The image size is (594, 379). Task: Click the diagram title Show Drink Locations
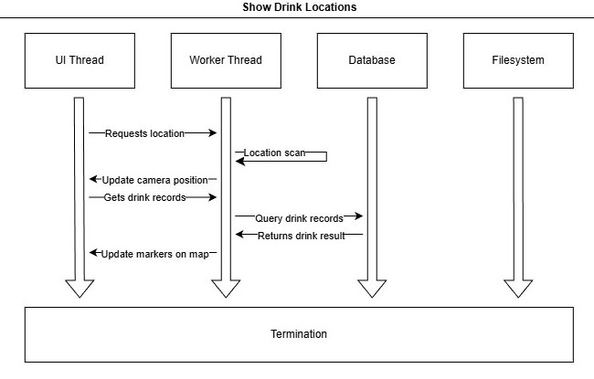(299, 7)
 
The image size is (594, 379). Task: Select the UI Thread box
(80, 60)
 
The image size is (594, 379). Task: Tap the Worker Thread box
(226, 60)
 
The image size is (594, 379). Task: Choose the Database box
(372, 60)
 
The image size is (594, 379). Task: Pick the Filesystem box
(518, 60)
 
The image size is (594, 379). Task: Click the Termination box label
(299, 334)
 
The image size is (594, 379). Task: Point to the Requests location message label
(144, 133)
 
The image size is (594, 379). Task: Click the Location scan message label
(274, 153)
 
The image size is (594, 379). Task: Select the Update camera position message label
(154, 180)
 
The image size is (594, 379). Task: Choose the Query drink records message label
(299, 218)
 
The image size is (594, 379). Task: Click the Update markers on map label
(155, 253)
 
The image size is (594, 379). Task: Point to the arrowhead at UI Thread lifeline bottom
(80, 288)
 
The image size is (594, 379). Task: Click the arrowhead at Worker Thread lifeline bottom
(226, 288)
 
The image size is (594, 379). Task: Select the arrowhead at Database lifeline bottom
(372, 288)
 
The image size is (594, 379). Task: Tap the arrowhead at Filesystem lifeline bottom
(518, 288)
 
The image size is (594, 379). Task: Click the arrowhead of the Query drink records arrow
(359, 217)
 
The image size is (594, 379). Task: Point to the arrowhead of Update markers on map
(93, 253)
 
